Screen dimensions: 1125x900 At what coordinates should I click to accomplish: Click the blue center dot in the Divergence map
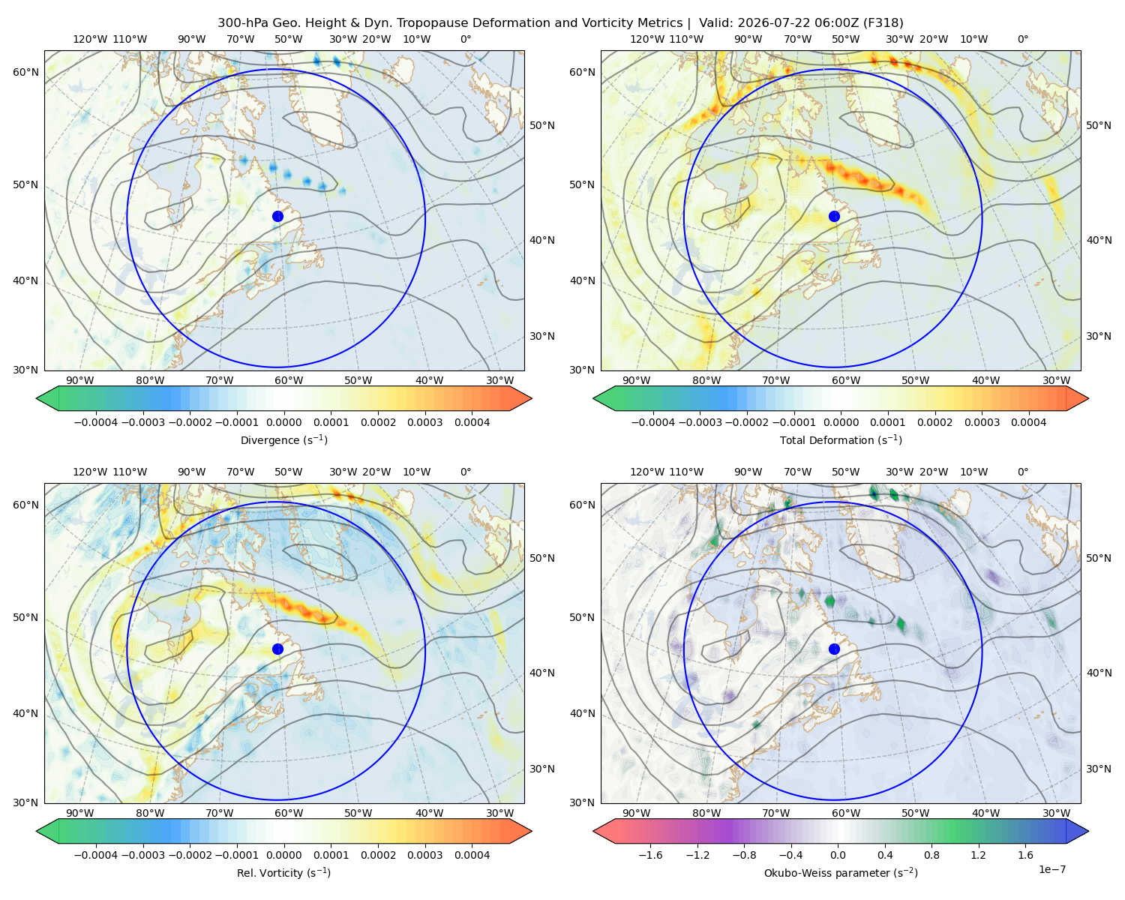(x=277, y=216)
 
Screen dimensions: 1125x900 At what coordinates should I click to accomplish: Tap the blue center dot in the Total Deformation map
(x=834, y=216)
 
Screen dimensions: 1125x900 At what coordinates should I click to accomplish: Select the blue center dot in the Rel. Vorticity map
(x=277, y=649)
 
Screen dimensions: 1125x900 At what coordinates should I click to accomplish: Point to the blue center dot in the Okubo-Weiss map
(x=834, y=649)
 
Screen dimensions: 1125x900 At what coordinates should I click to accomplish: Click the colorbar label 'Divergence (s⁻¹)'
(x=283, y=439)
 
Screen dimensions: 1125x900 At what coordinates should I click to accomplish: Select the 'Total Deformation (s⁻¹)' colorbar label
(x=841, y=439)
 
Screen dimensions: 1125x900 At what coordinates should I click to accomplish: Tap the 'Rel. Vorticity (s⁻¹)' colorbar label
(x=283, y=872)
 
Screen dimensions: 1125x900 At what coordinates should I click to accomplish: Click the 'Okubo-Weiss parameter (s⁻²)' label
(x=841, y=872)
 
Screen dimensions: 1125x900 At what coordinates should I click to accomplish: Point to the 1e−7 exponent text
(x=1051, y=869)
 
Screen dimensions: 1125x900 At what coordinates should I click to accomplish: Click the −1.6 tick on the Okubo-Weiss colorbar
(x=650, y=854)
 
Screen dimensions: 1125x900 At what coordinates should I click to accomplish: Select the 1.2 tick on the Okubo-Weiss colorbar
(x=978, y=854)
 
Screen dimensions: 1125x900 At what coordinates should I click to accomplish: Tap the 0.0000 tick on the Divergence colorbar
(x=283, y=422)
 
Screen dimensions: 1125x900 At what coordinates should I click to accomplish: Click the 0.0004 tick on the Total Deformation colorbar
(x=1028, y=422)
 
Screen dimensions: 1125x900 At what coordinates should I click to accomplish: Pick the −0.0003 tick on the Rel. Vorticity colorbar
(x=142, y=854)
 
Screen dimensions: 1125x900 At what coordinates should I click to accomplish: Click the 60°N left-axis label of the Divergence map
(x=25, y=72)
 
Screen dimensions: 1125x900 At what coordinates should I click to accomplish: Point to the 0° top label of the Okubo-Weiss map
(x=1022, y=472)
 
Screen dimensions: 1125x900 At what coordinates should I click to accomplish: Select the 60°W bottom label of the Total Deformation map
(x=845, y=380)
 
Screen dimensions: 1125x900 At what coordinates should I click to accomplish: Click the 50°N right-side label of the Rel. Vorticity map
(x=542, y=558)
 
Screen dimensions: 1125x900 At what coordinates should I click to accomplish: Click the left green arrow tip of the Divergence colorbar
(x=37, y=398)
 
